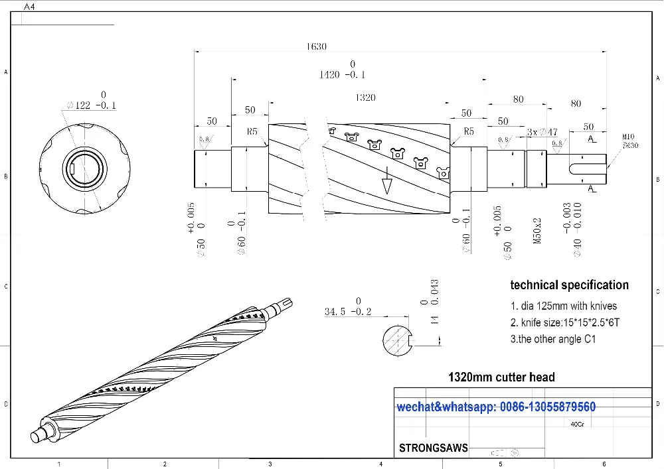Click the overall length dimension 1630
click(x=316, y=46)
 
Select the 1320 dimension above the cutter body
click(x=365, y=98)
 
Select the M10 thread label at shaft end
click(x=628, y=137)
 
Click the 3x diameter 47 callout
click(x=542, y=131)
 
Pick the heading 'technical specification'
click(x=569, y=285)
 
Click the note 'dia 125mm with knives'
click(x=563, y=306)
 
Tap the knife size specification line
click(x=564, y=323)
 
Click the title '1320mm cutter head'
click(x=501, y=377)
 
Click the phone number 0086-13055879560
click(x=548, y=407)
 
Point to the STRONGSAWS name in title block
click(x=433, y=448)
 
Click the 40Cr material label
click(x=578, y=425)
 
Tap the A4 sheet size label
click(x=29, y=6)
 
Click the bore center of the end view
click(x=84, y=169)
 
